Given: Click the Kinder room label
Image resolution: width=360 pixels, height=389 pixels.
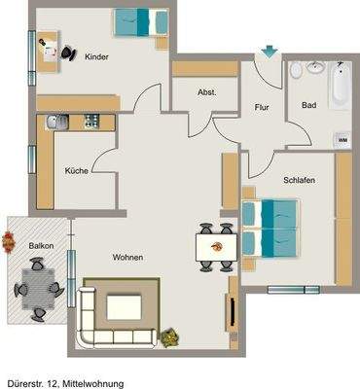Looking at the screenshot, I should click(96, 57).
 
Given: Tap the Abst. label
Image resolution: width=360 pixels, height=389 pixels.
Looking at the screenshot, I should click(206, 92).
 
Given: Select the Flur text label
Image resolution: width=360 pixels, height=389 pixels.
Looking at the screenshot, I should click(262, 107).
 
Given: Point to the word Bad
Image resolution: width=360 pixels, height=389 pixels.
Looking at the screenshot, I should click(309, 105).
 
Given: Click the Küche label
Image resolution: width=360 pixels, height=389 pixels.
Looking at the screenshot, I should click(77, 171).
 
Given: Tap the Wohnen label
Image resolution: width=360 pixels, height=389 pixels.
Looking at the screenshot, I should click(127, 257).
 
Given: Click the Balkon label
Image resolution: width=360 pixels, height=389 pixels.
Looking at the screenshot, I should click(40, 247).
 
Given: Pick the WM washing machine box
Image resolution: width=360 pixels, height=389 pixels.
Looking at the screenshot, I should click(342, 140).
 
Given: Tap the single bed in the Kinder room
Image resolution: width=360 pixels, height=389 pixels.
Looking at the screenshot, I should click(134, 20).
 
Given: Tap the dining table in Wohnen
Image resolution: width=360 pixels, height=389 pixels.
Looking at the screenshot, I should click(215, 246).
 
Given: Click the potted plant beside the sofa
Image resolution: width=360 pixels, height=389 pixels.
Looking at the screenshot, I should click(171, 336).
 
